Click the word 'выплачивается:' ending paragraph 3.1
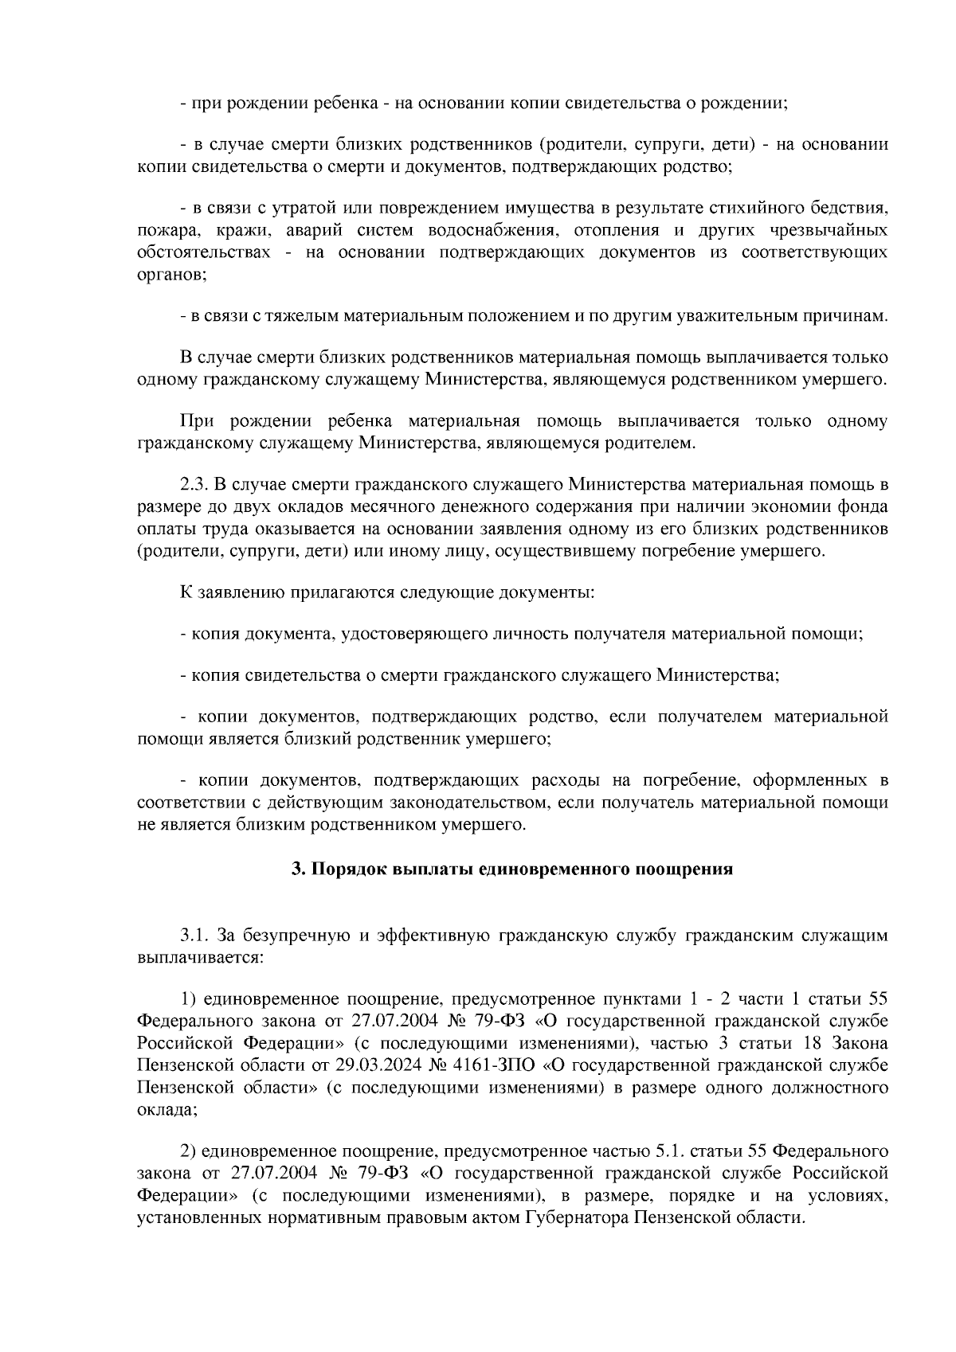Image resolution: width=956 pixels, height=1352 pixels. (199, 957)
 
